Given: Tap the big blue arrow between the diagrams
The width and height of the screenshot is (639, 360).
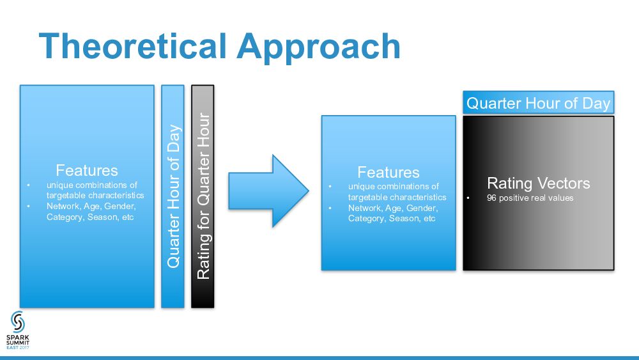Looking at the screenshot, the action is coord(268,191).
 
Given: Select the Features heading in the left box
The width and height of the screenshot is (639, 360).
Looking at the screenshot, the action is coord(87,171).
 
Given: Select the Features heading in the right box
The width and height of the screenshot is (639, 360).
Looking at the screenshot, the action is coord(389,172).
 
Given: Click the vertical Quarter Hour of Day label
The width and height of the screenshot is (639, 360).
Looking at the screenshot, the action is coord(173,196).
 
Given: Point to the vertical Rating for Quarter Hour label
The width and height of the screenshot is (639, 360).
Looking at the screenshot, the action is coord(203,196).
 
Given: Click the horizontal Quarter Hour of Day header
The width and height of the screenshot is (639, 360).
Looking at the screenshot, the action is coord(538,103).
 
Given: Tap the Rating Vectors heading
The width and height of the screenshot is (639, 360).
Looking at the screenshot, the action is coord(538,184).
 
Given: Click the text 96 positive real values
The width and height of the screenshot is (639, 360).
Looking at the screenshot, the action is coord(530,198).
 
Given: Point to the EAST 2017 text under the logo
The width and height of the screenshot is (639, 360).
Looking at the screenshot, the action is coord(18,348).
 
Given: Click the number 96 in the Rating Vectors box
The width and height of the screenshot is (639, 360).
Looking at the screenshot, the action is coord(491,198).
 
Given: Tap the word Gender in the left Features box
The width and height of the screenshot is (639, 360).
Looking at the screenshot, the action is coord(119,207).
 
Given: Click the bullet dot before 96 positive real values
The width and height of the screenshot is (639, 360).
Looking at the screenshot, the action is coord(468,198).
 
